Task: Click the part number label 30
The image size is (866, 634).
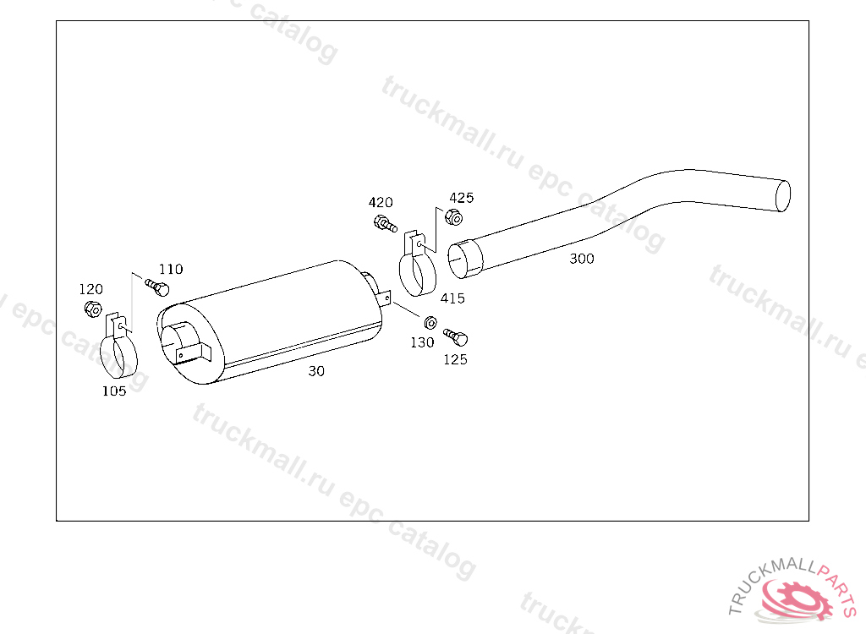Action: (316, 371)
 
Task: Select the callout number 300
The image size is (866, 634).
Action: (582, 259)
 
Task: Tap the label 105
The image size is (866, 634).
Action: (114, 391)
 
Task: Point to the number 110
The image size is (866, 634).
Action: (171, 269)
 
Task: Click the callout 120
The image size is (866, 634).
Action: (91, 289)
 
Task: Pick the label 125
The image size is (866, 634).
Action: (456, 359)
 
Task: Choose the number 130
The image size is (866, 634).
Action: (422, 342)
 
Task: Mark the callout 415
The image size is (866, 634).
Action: (453, 298)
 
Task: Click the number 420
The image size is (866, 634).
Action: (381, 202)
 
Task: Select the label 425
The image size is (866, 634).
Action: (462, 198)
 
